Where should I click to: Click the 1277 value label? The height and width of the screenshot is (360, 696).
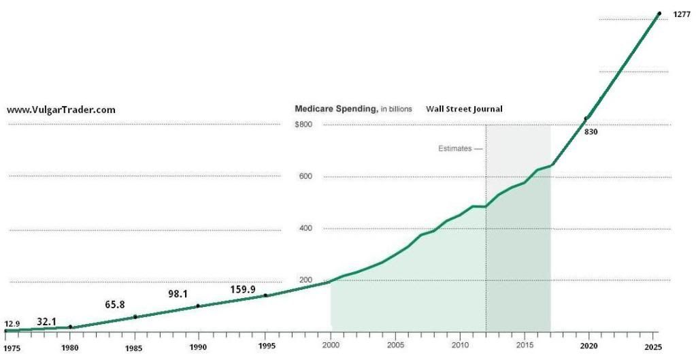pyautogui.click(x=682, y=14)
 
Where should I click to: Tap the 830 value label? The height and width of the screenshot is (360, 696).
pyautogui.click(x=591, y=131)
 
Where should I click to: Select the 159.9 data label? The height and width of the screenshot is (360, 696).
pyautogui.click(x=243, y=289)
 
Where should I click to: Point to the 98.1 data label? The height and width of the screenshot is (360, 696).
pyautogui.click(x=178, y=294)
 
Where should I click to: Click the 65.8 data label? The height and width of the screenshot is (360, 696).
pyautogui.click(x=114, y=304)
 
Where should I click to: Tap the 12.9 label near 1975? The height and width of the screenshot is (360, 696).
pyautogui.click(x=12, y=323)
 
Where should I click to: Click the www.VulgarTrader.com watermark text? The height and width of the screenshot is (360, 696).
pyautogui.click(x=61, y=110)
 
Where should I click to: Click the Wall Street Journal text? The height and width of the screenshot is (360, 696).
pyautogui.click(x=465, y=109)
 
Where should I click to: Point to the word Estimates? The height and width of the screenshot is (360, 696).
pyautogui.click(x=454, y=148)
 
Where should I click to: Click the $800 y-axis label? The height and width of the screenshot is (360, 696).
pyautogui.click(x=303, y=125)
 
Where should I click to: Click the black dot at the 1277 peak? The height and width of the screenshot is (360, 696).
pyautogui.click(x=659, y=14)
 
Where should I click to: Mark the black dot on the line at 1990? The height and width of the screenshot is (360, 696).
pyautogui.click(x=198, y=306)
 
